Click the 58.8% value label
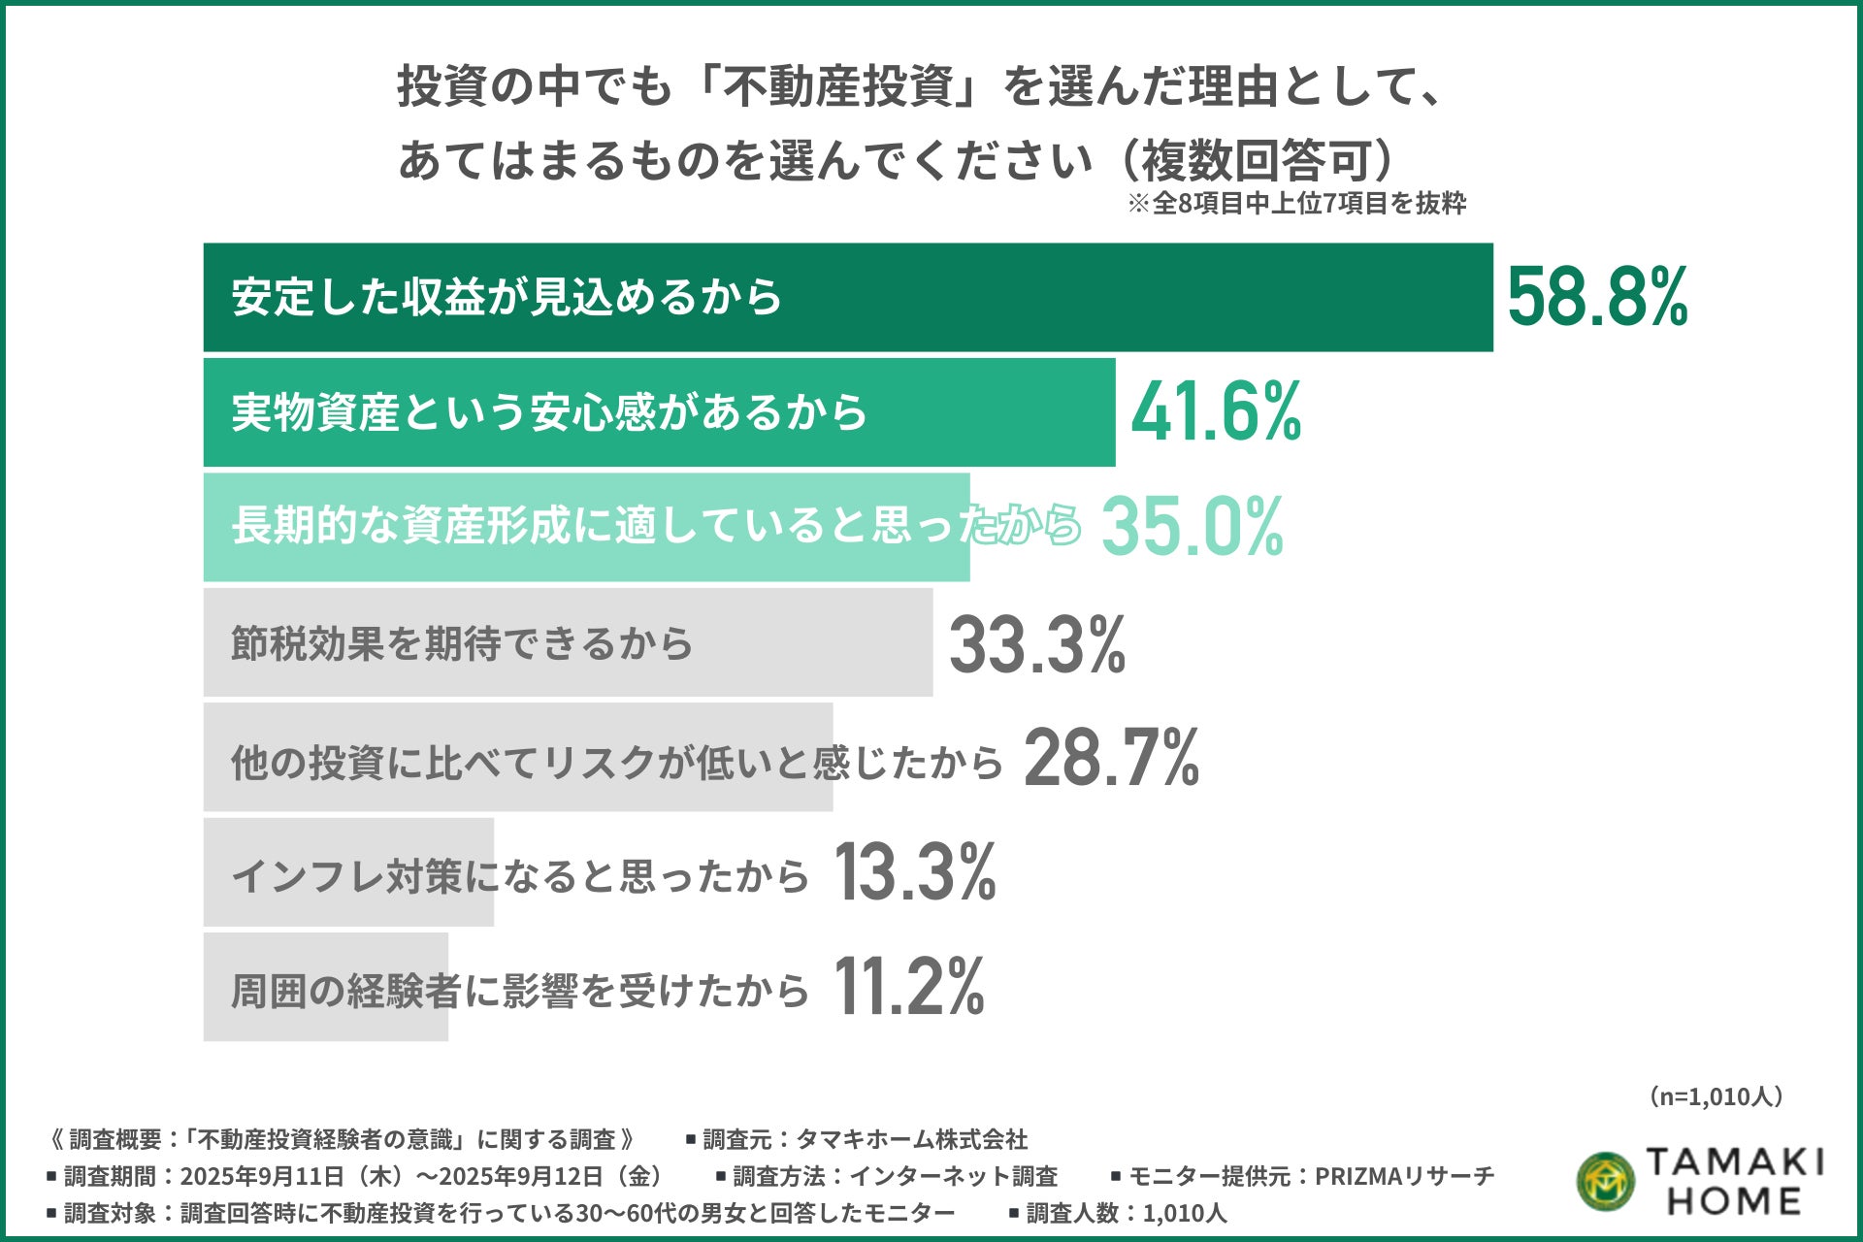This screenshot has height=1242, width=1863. coord(1597,297)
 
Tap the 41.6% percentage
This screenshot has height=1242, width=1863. coord(1216,411)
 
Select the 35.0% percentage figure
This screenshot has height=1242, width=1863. coord(1193,526)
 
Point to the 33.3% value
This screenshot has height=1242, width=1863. coord(1037,644)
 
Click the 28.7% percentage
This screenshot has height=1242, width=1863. coord(1112,759)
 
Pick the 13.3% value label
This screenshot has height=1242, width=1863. coord(915,872)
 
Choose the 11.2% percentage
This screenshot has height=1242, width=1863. coord(909,987)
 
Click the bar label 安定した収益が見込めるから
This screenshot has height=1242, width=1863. coord(507,297)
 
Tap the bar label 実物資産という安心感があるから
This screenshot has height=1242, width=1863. coord(549,412)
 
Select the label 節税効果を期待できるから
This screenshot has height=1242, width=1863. coord(462,643)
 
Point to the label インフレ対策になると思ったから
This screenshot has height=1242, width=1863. coord(520,875)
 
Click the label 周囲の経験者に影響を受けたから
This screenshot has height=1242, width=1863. coord(520,991)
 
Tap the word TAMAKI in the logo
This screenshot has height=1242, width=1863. coord(1735,1161)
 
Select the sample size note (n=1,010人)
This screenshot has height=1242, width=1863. coord(1716,1096)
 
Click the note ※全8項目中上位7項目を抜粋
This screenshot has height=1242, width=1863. coord(1296,204)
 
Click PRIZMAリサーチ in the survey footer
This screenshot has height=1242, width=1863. coord(1404,1176)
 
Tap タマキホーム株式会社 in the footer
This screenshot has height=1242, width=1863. coord(911,1139)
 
